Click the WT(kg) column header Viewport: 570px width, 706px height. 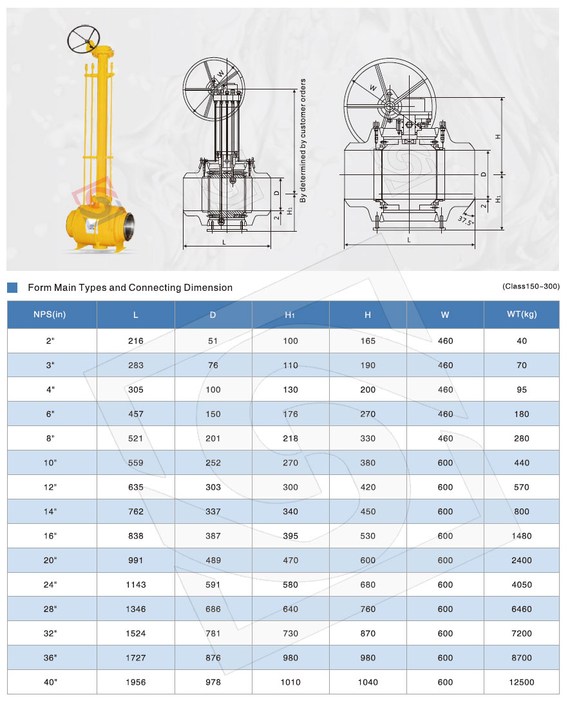click(x=521, y=314)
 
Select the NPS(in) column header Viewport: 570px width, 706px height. click(x=50, y=314)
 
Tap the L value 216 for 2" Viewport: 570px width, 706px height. click(x=136, y=341)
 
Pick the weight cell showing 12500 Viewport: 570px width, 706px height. click(x=521, y=682)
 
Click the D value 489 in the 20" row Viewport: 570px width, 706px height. click(x=213, y=560)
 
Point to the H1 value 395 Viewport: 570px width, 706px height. click(x=290, y=536)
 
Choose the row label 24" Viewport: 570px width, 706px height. click(x=50, y=584)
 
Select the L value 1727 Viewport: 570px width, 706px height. click(x=136, y=658)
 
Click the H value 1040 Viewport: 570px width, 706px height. click(x=368, y=682)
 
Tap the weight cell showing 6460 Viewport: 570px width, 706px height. click(x=521, y=609)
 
